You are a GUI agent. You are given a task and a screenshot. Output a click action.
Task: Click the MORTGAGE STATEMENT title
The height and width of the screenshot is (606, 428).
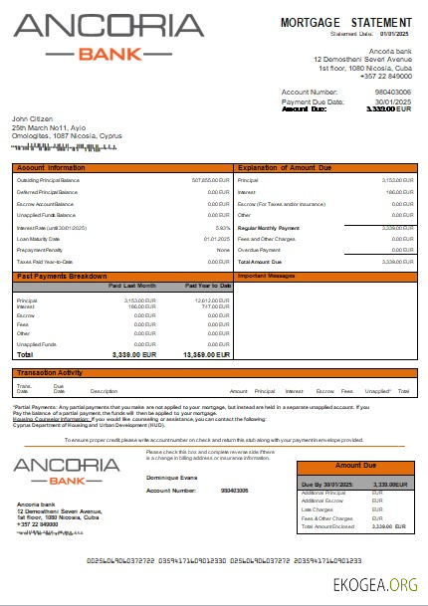[x=345, y=21]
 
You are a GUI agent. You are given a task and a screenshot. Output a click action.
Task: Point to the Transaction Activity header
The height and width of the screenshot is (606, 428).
[x=50, y=372]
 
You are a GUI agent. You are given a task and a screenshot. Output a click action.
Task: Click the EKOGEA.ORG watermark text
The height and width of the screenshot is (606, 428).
[x=377, y=583]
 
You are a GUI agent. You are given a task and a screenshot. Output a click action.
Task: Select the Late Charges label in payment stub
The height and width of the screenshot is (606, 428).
[x=319, y=508]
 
